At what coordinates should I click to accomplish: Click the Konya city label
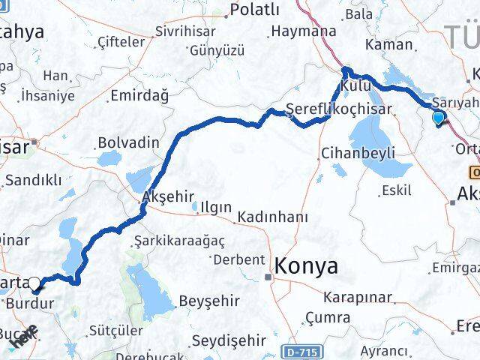[306, 265]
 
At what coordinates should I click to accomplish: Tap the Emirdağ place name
[139, 95]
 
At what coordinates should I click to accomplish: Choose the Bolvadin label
[128, 142]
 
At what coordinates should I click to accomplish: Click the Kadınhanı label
[273, 217]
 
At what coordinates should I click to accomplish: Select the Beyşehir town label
[209, 301]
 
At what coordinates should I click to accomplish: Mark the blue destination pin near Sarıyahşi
[439, 117]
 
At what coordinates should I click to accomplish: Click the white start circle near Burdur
[34, 283]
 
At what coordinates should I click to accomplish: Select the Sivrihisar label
[184, 31]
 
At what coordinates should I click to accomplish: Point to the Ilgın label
[211, 207]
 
